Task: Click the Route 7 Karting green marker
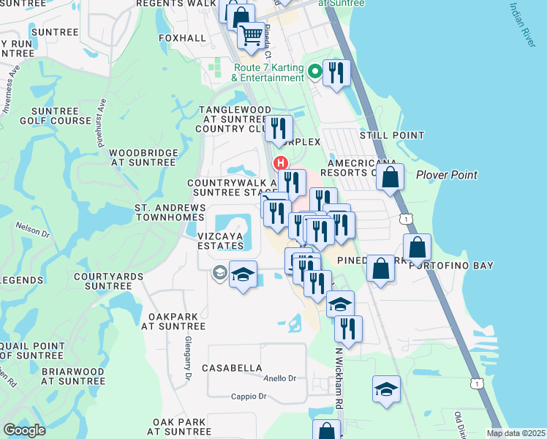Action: tap(315, 71)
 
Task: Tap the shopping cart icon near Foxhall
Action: tap(251, 34)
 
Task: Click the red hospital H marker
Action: tap(279, 162)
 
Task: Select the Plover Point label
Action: tap(446, 175)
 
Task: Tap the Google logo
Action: tap(24, 430)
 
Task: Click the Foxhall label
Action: tap(181, 37)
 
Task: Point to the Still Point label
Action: tap(391, 135)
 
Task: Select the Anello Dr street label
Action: tap(280, 378)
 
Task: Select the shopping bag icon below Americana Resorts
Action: tap(391, 177)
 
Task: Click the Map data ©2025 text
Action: tap(514, 433)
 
